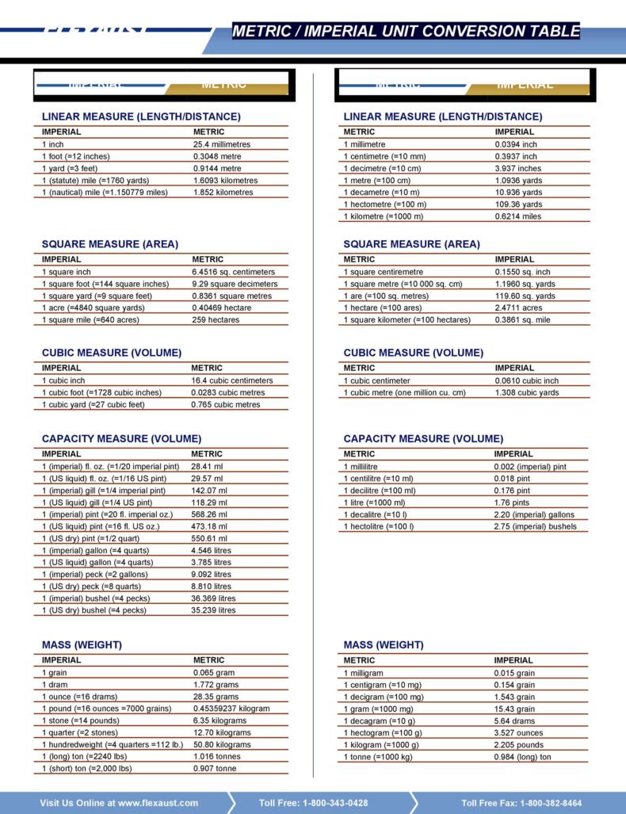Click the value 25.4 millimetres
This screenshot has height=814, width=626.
pyautogui.click(x=221, y=144)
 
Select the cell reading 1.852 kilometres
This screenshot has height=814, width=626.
pyautogui.click(x=223, y=192)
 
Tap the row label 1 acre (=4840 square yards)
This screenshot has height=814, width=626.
pyautogui.click(x=93, y=308)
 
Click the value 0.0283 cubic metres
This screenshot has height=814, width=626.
pyautogui.click(x=227, y=392)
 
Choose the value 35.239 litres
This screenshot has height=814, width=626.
pyautogui.click(x=213, y=610)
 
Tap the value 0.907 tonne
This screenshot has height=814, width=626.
pyautogui.click(x=214, y=768)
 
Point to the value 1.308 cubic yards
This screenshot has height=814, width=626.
pyautogui.click(x=526, y=392)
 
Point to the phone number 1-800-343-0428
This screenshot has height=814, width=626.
pyautogui.click(x=335, y=803)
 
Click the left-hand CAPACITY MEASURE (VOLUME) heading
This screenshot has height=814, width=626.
pyautogui.click(x=121, y=438)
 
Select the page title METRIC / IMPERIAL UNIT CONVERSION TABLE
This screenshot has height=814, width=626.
pyautogui.click(x=406, y=32)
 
